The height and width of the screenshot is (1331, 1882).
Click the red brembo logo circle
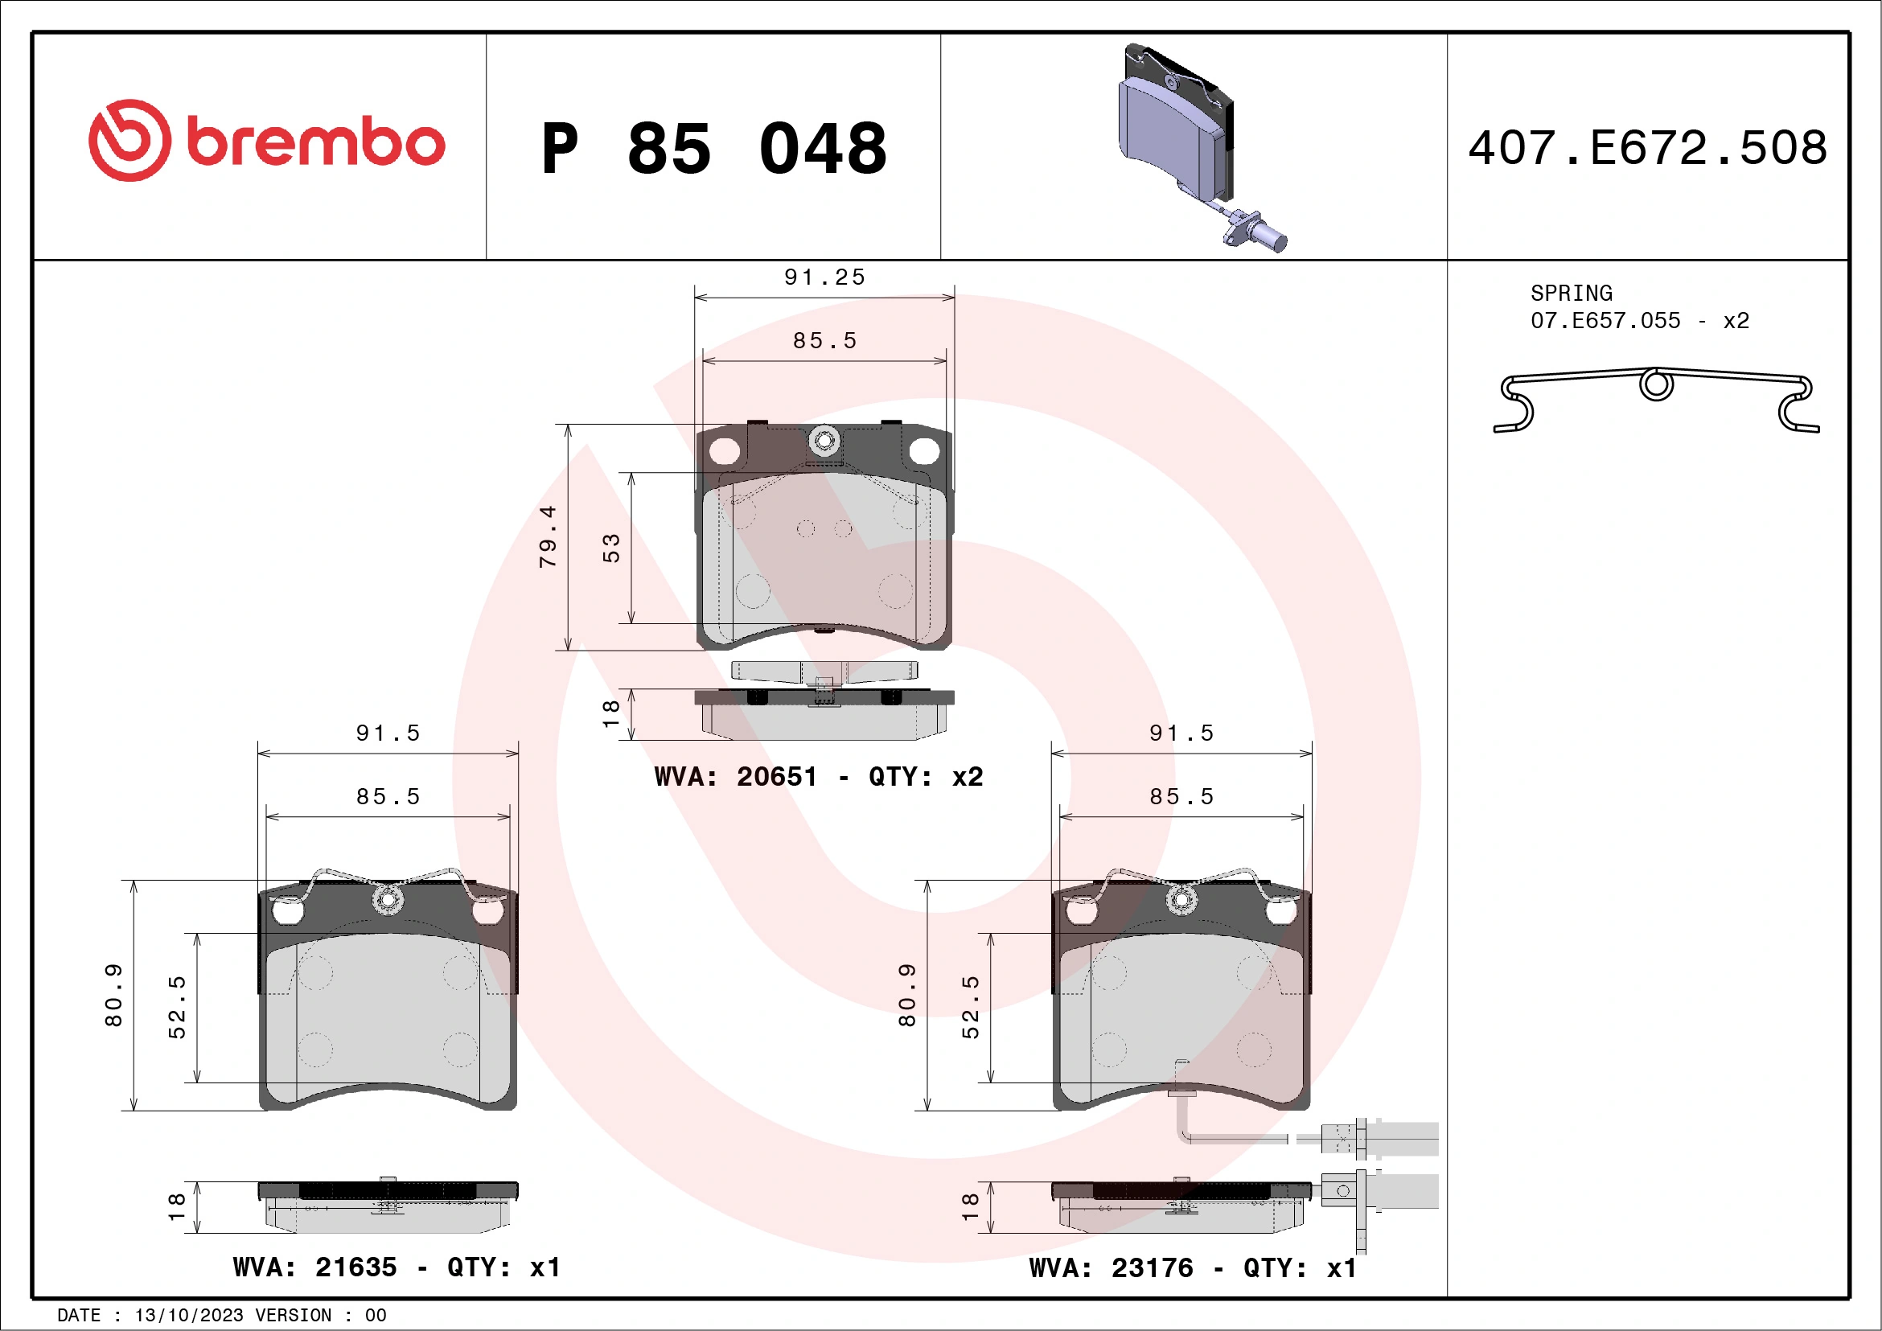click(x=129, y=140)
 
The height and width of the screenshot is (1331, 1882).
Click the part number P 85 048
click(x=714, y=148)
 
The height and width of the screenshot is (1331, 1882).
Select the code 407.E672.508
click(x=1647, y=148)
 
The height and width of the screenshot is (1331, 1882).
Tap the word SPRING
click(x=1571, y=294)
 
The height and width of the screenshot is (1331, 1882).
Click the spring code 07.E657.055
click(x=1605, y=320)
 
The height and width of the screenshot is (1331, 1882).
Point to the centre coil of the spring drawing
click(x=1655, y=384)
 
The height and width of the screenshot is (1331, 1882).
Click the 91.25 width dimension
click(x=824, y=277)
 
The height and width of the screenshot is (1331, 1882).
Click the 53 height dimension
click(x=610, y=548)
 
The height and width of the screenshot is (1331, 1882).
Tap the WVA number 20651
click(x=776, y=776)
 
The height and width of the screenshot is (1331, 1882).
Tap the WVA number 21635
click(x=355, y=1267)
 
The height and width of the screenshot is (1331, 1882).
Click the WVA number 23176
click(x=1152, y=1268)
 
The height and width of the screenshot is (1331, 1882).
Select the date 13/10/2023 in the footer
click(x=188, y=1316)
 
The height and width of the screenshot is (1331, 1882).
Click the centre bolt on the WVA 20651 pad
click(x=824, y=440)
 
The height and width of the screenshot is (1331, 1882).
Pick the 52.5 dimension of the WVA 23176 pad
click(x=970, y=1006)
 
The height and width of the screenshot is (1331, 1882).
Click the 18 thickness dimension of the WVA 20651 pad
click(x=610, y=713)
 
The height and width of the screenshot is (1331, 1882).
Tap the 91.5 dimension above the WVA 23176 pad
click(x=1181, y=733)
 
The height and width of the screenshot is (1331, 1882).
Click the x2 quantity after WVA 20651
click(x=968, y=776)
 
